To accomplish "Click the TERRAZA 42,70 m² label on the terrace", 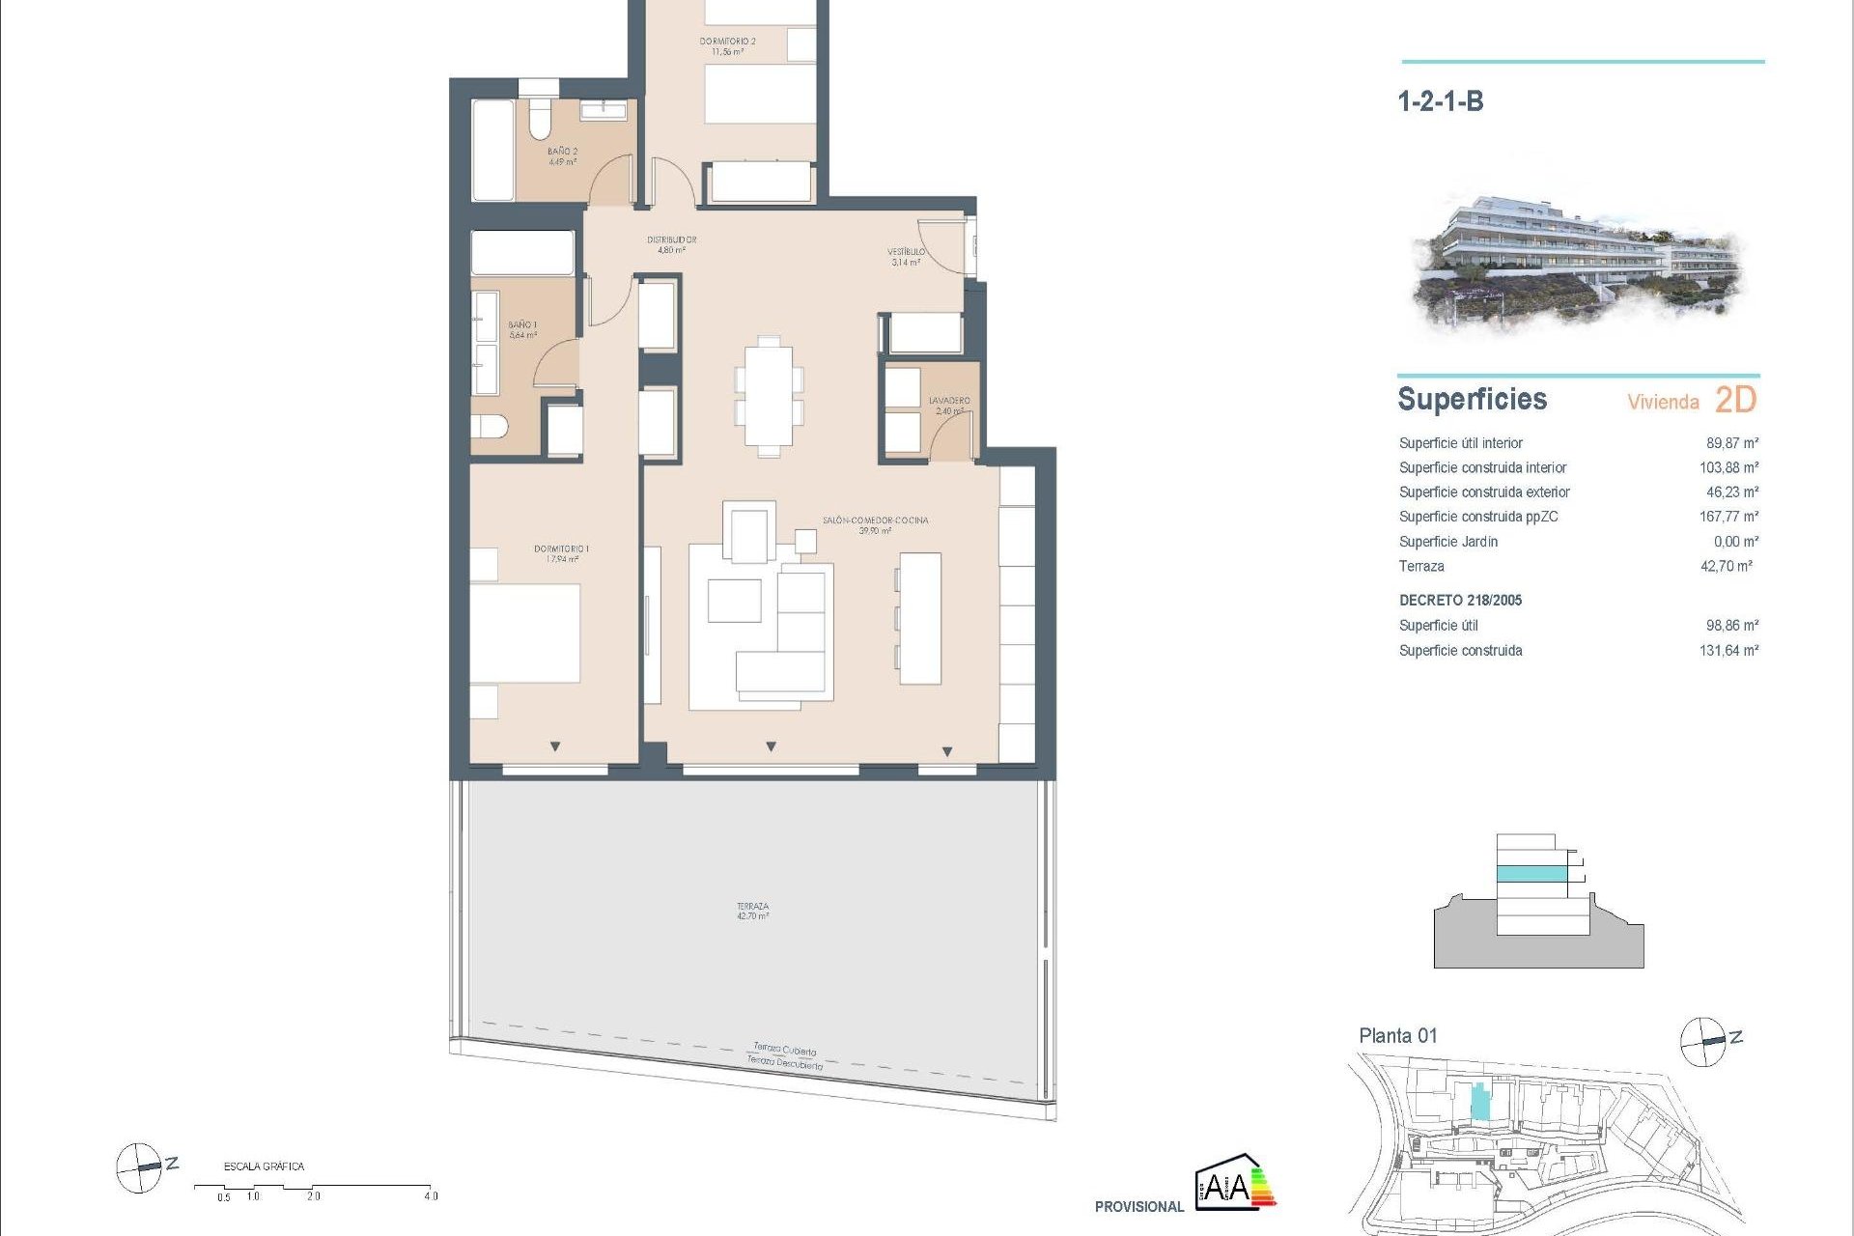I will click(752, 911).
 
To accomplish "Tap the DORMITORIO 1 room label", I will click(561, 553).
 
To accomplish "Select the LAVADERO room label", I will click(949, 405).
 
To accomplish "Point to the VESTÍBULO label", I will click(906, 256).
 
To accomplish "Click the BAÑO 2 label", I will click(562, 156).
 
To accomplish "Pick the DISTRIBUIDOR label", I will click(671, 244).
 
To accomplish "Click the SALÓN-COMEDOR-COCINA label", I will click(875, 524).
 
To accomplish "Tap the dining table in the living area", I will click(769, 396).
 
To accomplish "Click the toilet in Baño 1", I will click(490, 426).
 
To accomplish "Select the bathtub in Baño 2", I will click(492, 150).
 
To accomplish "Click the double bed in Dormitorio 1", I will click(525, 632).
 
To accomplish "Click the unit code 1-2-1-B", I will click(1440, 101).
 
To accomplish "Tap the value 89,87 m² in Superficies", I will click(1731, 443).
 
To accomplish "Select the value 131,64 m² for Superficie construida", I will click(1728, 651).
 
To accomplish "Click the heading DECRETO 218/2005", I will click(1460, 601).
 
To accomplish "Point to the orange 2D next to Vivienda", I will click(1735, 400).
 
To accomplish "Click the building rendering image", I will click(1578, 263).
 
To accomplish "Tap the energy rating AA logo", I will click(1235, 1183).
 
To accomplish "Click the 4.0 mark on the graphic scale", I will click(431, 1195).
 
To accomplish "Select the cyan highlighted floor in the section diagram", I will click(1531, 874).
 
